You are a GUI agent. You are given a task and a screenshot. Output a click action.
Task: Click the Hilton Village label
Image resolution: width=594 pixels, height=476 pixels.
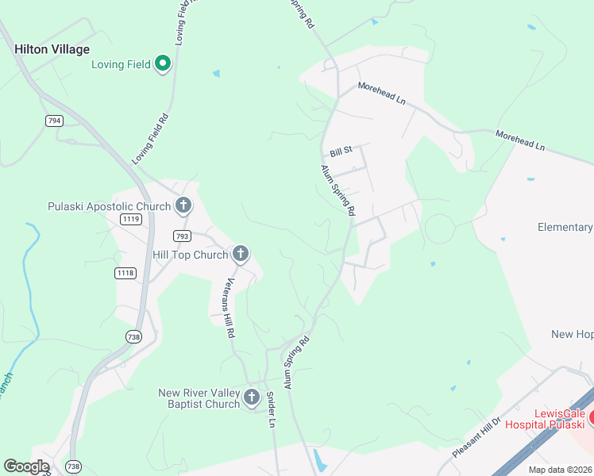point(52,49)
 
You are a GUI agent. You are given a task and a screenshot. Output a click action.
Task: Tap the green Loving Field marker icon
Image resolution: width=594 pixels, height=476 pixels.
point(164,63)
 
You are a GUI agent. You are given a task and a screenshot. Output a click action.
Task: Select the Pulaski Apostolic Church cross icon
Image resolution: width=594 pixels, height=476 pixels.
point(183,207)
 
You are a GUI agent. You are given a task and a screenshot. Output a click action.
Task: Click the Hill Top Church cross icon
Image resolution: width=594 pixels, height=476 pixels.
point(241,255)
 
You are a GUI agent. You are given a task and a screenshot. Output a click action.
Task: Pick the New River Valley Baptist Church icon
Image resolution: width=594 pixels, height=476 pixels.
point(252,397)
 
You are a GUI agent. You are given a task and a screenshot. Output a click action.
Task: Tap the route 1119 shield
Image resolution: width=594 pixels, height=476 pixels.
point(131,218)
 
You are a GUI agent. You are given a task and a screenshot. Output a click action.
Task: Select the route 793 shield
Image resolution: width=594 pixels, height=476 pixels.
point(183,236)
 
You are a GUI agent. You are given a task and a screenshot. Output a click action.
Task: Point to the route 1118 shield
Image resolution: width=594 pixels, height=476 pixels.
point(125,273)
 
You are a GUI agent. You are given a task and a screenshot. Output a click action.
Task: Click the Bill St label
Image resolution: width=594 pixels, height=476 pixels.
point(340,151)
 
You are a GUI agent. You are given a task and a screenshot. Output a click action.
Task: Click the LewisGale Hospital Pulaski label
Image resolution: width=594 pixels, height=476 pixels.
point(549,419)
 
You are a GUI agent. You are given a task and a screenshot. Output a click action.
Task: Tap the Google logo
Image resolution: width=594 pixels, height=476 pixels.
point(26,466)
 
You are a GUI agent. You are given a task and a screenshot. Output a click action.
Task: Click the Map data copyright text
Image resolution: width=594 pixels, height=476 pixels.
point(561,470)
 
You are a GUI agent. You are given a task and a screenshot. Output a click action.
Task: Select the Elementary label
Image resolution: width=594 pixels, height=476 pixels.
point(565,227)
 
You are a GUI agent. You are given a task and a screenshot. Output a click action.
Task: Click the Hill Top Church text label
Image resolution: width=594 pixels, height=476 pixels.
point(191,255)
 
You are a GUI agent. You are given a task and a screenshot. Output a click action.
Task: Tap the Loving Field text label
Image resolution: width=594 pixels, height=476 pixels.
point(121,64)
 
